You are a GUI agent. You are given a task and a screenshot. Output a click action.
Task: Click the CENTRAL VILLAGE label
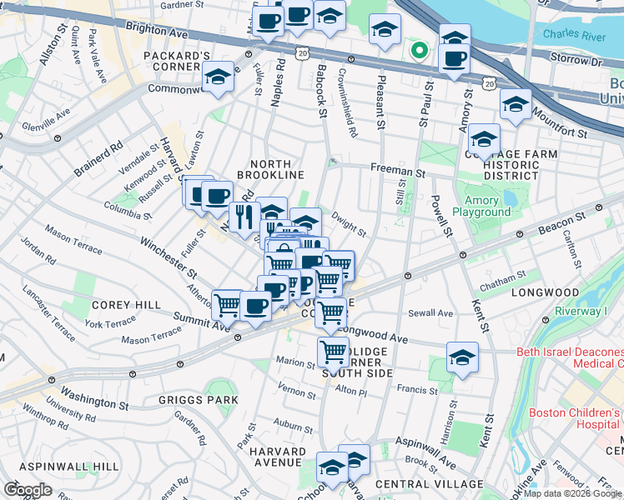pyautogui.click(x=430, y=484)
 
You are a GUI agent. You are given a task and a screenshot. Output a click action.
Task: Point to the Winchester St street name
pyautogui.click(x=169, y=257)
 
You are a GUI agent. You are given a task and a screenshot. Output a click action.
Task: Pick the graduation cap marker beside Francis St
pyautogui.click(x=462, y=357)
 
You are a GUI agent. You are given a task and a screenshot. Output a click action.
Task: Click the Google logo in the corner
pyautogui.click(x=28, y=490)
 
